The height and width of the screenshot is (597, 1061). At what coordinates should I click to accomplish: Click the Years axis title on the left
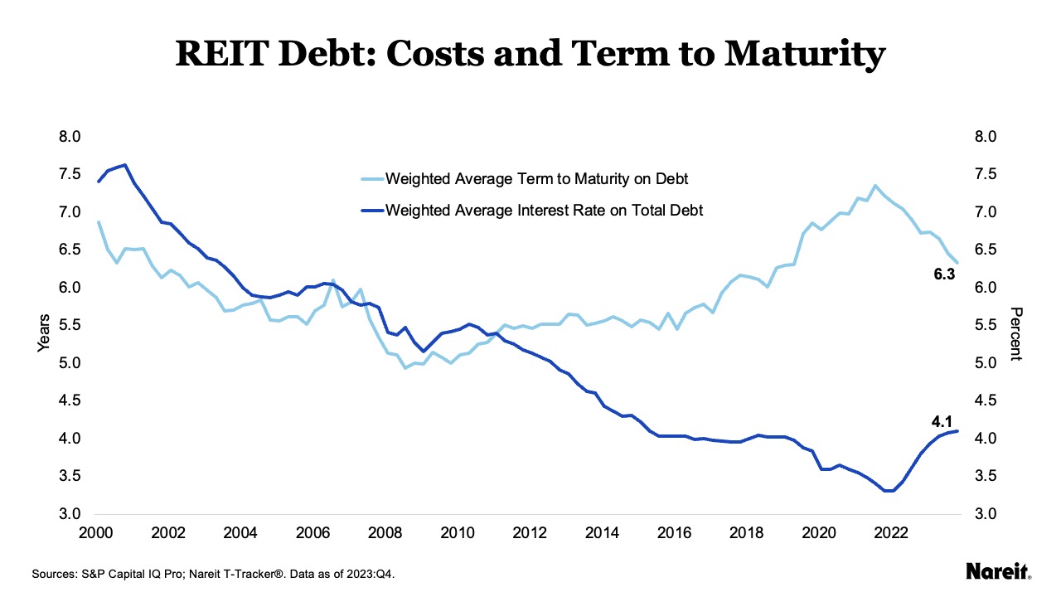(x=44, y=332)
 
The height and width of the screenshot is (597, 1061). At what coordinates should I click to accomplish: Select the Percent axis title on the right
(x=1016, y=333)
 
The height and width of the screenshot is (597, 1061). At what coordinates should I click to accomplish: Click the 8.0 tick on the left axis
(x=72, y=137)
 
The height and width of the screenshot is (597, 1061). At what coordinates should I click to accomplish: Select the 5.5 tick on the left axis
(x=72, y=325)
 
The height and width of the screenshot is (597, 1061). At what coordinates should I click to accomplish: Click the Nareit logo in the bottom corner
(x=998, y=570)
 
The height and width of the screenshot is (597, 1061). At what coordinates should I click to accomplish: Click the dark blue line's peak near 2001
(x=124, y=165)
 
